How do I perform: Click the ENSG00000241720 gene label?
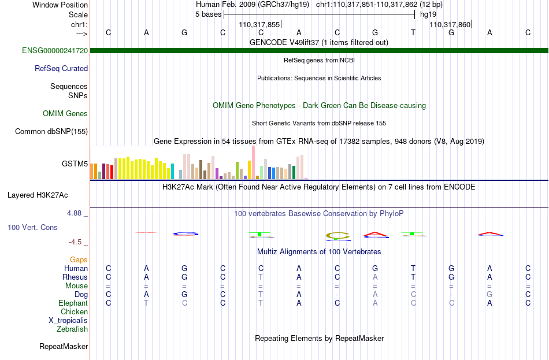tap(55, 50)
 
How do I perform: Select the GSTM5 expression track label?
tap(75, 164)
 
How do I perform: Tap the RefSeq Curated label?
tap(61, 68)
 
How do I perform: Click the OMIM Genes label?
tap(65, 113)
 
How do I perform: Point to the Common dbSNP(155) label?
tap(51, 131)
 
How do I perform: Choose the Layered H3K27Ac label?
tap(38, 195)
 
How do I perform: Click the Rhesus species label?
tap(75, 277)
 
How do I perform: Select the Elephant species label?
tap(73, 303)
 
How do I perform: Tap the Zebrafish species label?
tap(72, 329)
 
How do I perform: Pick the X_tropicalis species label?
tap(68, 321)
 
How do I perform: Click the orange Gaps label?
tap(79, 259)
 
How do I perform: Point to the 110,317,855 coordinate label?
tap(259, 24)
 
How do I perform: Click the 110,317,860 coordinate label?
tap(450, 24)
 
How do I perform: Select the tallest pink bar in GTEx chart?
tap(253, 162)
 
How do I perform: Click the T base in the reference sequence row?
tap(413, 32)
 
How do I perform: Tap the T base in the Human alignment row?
tap(413, 268)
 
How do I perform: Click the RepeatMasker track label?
tap(64, 346)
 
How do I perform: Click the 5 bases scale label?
tap(208, 14)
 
